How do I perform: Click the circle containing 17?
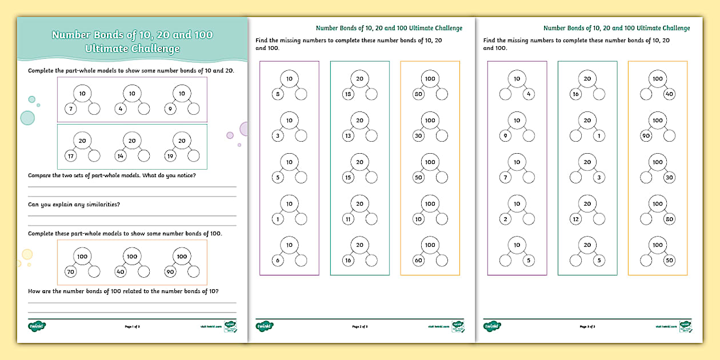(x=70, y=156)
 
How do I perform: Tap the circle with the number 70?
(x=70, y=272)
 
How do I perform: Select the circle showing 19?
(x=169, y=156)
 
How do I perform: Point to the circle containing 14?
(x=119, y=156)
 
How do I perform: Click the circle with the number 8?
(x=277, y=94)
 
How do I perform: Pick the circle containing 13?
(x=347, y=136)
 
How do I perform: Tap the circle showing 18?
(x=347, y=94)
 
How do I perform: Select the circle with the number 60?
(x=418, y=261)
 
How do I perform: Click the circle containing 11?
(x=347, y=219)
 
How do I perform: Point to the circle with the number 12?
(x=575, y=219)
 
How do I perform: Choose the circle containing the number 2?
(x=505, y=219)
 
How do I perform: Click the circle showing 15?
(x=347, y=178)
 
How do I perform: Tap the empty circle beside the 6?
(x=301, y=261)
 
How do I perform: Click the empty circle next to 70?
(x=94, y=272)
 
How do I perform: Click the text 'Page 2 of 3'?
(x=360, y=326)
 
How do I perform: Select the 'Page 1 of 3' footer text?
(x=132, y=326)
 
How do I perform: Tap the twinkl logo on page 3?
(x=492, y=326)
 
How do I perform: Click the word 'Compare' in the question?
(x=41, y=175)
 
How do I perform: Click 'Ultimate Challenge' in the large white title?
(x=132, y=49)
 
